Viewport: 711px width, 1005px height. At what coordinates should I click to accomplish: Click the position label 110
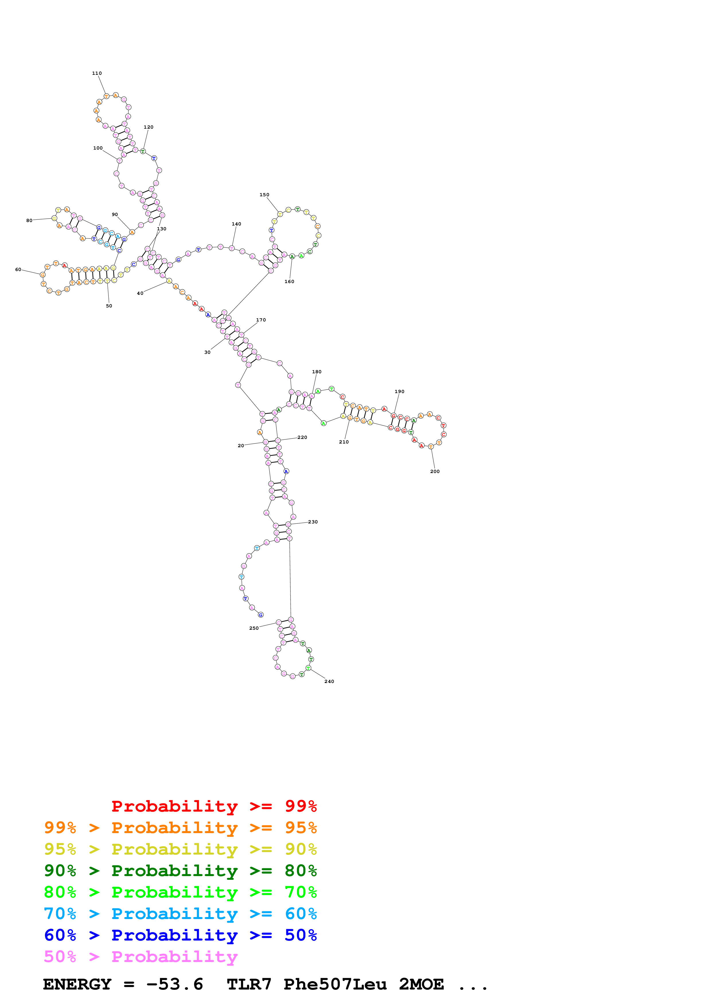97,74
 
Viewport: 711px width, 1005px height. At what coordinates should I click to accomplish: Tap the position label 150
264,195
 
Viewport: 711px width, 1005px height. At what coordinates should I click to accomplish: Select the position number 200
435,472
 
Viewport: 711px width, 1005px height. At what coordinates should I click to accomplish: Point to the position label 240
329,682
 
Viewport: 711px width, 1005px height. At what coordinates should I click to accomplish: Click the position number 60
18,270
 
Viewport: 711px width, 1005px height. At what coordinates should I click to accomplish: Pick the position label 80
29,221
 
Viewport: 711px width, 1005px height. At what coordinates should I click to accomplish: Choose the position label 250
254,628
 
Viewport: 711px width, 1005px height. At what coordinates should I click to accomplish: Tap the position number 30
207,352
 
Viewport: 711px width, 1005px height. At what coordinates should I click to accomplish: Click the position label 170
261,320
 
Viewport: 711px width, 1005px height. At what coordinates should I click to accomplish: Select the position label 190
399,392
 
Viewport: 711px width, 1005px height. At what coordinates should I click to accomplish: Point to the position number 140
236,224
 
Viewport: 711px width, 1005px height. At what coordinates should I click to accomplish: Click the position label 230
313,522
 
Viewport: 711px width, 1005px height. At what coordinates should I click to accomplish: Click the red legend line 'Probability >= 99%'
214,806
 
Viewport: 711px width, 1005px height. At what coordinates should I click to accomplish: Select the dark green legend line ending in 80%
180,871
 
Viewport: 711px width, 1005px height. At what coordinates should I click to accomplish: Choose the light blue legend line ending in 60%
180,914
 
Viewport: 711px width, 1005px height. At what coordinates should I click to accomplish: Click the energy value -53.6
174,984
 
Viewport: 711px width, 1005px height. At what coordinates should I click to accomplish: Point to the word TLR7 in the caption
249,984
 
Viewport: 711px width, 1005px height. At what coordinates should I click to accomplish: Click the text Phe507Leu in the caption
335,984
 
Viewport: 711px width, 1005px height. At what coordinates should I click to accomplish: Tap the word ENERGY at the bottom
77,984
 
